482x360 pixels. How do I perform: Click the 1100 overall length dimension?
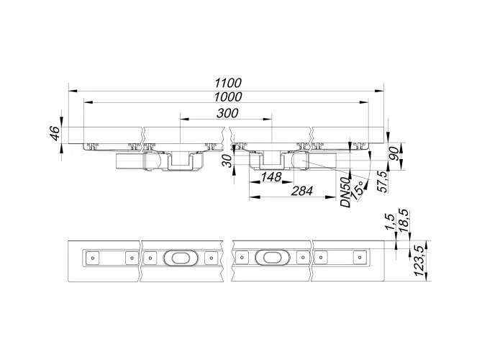tap(228, 83)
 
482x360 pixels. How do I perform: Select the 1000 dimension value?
tap(228, 97)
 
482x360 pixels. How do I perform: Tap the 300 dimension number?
tap(227, 113)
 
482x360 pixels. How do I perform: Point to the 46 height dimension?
tap(55, 133)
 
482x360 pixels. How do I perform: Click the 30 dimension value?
tap(227, 161)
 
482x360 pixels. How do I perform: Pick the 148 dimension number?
tap(271, 177)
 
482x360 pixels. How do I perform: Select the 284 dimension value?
tap(302, 191)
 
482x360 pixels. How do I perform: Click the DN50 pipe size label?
tap(346, 192)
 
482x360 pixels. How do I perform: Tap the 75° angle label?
tap(358, 191)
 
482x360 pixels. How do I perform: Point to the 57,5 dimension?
tap(383, 182)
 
